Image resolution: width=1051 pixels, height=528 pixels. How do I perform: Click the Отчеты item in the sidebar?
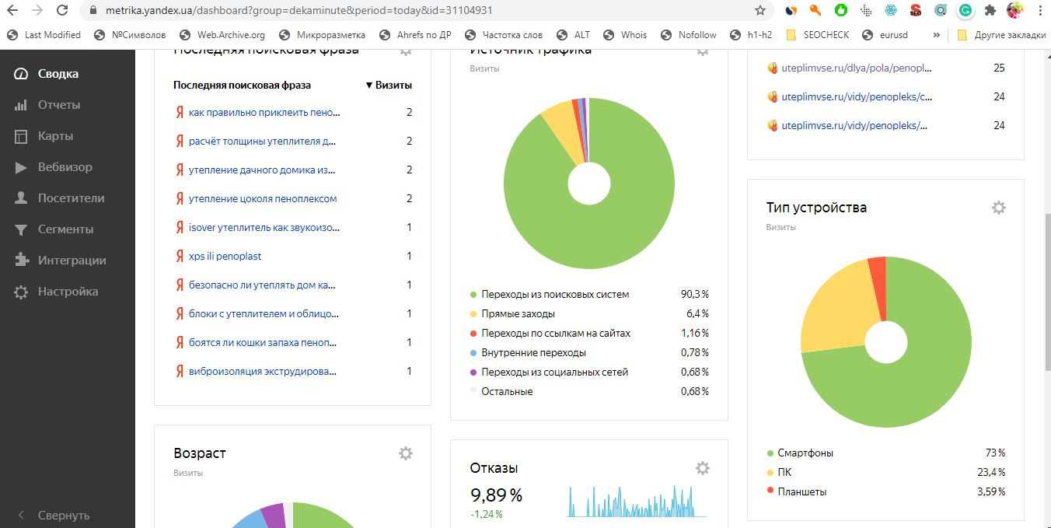(58, 105)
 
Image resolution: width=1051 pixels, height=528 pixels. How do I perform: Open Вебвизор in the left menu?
(65, 167)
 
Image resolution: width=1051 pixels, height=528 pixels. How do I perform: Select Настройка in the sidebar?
(68, 292)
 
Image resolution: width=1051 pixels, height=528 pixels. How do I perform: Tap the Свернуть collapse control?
(63, 516)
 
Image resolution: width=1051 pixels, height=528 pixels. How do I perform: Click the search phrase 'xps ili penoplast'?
(225, 257)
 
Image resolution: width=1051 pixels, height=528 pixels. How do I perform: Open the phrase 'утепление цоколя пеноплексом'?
(262, 199)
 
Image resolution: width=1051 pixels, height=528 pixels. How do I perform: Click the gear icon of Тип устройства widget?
(999, 208)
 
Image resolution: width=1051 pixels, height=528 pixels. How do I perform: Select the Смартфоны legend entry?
(805, 453)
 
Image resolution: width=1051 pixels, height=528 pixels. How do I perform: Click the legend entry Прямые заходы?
(518, 314)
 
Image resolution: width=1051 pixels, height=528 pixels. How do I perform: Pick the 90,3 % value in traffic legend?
(694, 295)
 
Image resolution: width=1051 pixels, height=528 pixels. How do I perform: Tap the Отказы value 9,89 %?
(496, 495)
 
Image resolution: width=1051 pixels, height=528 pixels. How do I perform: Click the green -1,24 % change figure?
(487, 514)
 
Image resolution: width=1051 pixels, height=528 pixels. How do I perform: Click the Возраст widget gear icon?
(405, 453)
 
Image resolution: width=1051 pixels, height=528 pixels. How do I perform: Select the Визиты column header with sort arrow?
(389, 86)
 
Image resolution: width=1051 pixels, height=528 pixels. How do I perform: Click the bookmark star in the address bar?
(760, 11)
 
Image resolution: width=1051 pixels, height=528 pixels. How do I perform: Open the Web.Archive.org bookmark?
(230, 35)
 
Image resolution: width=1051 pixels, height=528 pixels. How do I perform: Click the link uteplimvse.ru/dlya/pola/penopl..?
(856, 68)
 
